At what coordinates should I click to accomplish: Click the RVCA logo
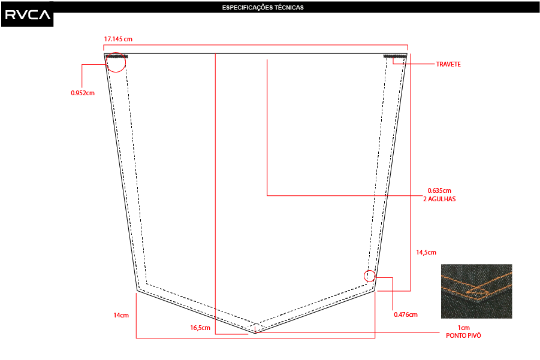(x=28, y=14)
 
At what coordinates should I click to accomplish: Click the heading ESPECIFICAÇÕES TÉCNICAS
(x=263, y=7)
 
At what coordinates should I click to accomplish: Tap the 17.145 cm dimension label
(x=118, y=39)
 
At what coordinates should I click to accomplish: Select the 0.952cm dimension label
(x=83, y=93)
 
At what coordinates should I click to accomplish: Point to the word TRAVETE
(x=448, y=64)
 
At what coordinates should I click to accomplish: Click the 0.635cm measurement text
(x=439, y=190)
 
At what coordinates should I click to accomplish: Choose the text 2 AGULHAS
(x=439, y=199)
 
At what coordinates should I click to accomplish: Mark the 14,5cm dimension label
(x=426, y=252)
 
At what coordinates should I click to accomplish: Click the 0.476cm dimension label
(x=406, y=314)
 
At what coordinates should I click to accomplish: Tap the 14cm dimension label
(x=121, y=315)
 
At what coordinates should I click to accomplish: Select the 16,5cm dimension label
(x=200, y=328)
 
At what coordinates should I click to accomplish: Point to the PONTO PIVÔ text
(x=463, y=335)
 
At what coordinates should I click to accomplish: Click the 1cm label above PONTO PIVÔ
(x=463, y=328)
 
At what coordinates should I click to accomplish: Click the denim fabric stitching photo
(x=476, y=291)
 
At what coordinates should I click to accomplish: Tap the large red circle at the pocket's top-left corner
(x=116, y=52)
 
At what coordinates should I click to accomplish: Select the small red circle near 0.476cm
(x=370, y=271)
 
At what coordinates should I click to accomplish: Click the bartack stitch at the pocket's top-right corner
(x=395, y=56)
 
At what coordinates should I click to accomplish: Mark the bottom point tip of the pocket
(x=255, y=334)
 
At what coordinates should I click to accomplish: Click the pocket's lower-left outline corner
(x=137, y=291)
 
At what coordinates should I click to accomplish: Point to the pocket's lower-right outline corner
(x=375, y=291)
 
